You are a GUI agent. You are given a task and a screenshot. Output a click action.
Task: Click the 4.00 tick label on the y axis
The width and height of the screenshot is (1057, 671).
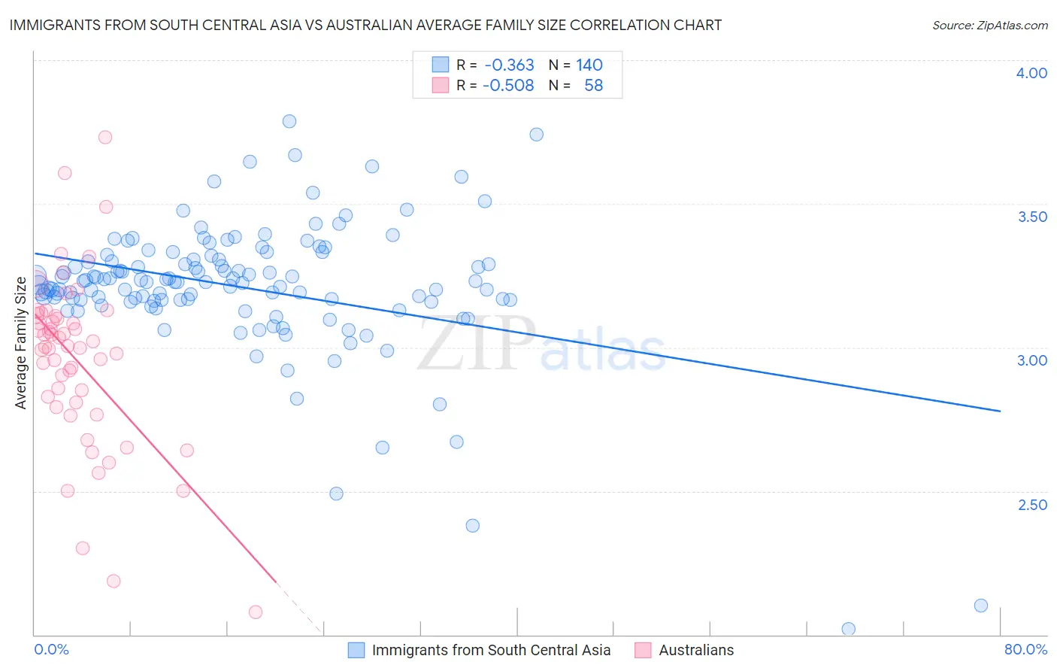[1031, 73]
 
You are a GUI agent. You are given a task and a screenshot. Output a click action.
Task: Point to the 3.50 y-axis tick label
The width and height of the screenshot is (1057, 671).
[1031, 217]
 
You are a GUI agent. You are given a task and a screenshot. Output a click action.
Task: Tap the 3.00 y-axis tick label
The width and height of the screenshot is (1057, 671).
[1031, 360]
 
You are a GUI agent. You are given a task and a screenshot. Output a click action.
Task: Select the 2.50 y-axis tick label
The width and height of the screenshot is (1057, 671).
[1031, 505]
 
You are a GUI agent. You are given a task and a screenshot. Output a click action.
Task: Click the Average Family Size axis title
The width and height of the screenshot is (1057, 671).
[21, 343]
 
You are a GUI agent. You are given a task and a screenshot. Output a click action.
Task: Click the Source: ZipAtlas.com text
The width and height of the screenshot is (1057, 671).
[989, 26]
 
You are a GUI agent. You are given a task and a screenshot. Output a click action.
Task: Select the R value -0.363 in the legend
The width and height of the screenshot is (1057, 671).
[509, 65]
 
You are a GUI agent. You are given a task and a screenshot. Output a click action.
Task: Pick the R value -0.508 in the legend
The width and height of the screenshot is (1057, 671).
[508, 86]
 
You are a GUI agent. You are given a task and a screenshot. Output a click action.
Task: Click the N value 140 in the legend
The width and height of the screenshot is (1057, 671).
[589, 65]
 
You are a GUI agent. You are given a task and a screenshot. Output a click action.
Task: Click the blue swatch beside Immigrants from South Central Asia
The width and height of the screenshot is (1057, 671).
[356, 650]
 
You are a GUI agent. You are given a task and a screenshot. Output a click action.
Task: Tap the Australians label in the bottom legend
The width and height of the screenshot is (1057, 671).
[696, 650]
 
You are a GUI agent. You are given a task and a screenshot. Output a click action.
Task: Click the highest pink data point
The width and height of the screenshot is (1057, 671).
[105, 137]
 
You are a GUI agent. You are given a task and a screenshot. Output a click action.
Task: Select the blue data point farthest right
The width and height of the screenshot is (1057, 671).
[980, 606]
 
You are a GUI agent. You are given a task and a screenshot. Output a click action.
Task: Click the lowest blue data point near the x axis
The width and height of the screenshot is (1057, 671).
[848, 629]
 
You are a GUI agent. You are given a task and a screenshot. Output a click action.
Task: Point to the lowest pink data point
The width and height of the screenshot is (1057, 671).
[255, 612]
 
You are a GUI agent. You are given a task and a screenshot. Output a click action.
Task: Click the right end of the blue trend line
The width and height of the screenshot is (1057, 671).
[1000, 411]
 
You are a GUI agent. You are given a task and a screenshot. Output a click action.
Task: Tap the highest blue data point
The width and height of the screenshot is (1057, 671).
[289, 121]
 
